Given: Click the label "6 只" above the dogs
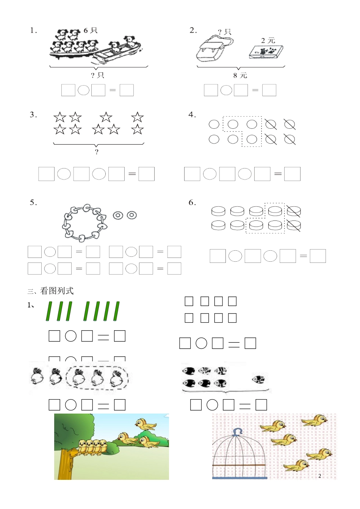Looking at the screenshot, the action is click(x=91, y=30).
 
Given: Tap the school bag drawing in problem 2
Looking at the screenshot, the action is click(x=215, y=48).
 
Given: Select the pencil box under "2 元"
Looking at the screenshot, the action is click(x=266, y=52).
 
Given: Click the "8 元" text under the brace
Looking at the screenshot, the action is click(x=240, y=75).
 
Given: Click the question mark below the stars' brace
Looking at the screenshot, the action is click(x=97, y=152).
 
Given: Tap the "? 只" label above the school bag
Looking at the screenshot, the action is click(x=225, y=32).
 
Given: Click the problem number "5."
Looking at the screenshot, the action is click(x=33, y=202).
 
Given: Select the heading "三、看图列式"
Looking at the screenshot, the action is click(x=50, y=291).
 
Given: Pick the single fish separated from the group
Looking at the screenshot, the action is click(x=259, y=379).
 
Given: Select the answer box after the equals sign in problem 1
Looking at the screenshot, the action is click(x=127, y=90).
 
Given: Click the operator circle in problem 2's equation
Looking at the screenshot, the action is click(x=226, y=90).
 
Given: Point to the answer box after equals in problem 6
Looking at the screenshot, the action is click(x=318, y=256).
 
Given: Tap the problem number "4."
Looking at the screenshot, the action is click(x=192, y=114).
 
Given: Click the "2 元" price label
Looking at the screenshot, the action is click(x=268, y=41).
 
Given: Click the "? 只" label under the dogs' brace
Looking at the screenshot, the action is click(x=97, y=75).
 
